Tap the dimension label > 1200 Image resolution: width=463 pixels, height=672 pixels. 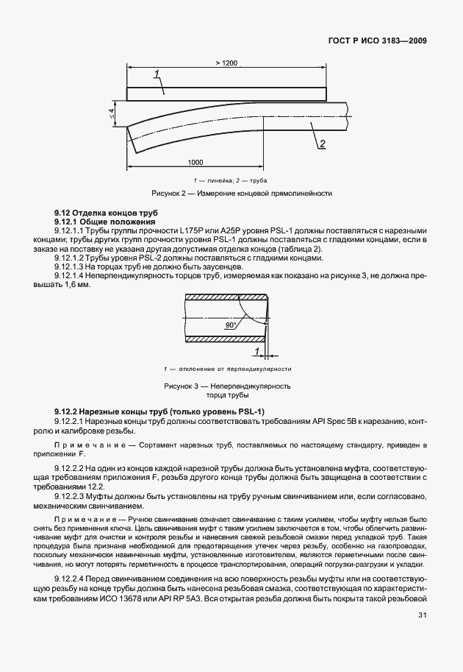pyautogui.click(x=226, y=64)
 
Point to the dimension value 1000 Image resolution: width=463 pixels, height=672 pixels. pyautogui.click(x=195, y=162)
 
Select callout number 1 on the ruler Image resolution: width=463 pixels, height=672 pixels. pyautogui.click(x=157, y=73)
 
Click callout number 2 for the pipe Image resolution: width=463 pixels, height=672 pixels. pyautogui.click(x=321, y=144)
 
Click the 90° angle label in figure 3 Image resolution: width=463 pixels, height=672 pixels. pyautogui.click(x=230, y=324)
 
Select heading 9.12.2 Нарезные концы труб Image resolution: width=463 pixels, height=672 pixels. pyautogui.click(x=159, y=411)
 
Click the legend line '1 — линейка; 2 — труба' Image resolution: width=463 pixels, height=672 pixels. pyautogui.click(x=231, y=180)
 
